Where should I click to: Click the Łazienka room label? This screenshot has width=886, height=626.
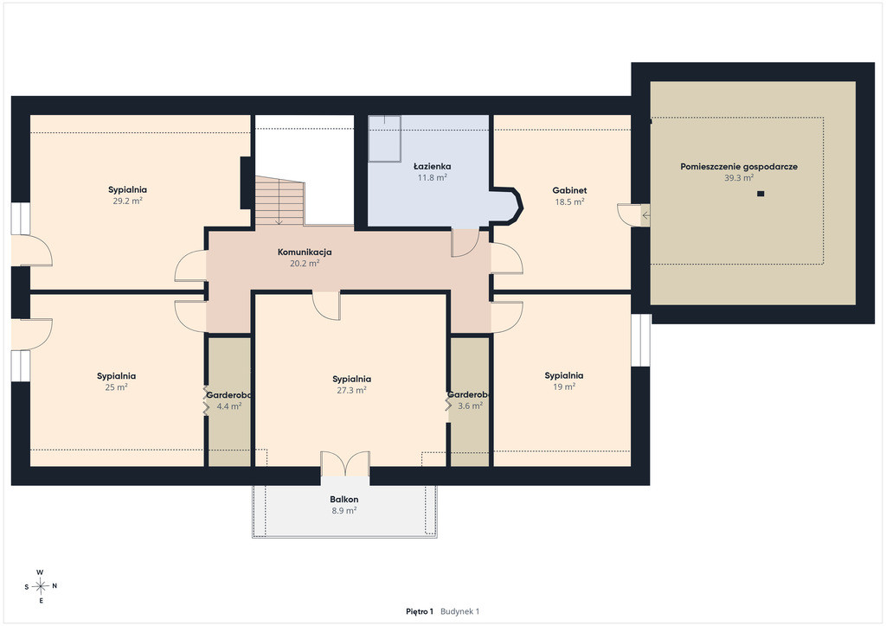pos(433,167)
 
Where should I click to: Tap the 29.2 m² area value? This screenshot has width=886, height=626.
pos(128,201)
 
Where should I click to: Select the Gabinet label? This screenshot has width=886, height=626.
pos(569,191)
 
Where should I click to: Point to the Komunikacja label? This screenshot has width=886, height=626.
pos(305,252)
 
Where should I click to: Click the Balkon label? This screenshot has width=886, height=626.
pos(344,500)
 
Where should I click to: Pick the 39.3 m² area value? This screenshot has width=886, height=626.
pos(739,178)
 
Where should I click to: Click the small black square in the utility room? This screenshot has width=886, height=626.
pos(761,195)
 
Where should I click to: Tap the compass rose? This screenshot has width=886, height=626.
pos(41,586)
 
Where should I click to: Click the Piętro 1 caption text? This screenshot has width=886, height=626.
pos(420,611)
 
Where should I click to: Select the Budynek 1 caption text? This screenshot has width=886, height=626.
pos(460,611)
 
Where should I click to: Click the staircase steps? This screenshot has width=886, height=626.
pos(279,201)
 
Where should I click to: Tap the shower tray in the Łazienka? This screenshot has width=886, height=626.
pos(385,139)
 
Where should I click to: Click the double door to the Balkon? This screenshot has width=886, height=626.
pos(345,464)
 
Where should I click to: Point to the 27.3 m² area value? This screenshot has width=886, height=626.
pos(351,390)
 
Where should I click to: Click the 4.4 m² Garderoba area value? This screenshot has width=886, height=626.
pos(229,406)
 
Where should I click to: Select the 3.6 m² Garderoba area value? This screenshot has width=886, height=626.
pos(470,406)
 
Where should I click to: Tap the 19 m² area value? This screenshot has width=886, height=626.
pos(564,386)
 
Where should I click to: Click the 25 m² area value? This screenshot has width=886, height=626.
pos(117,387)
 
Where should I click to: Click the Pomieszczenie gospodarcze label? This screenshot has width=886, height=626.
pos(739,167)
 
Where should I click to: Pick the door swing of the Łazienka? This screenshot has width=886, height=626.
pos(465,243)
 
